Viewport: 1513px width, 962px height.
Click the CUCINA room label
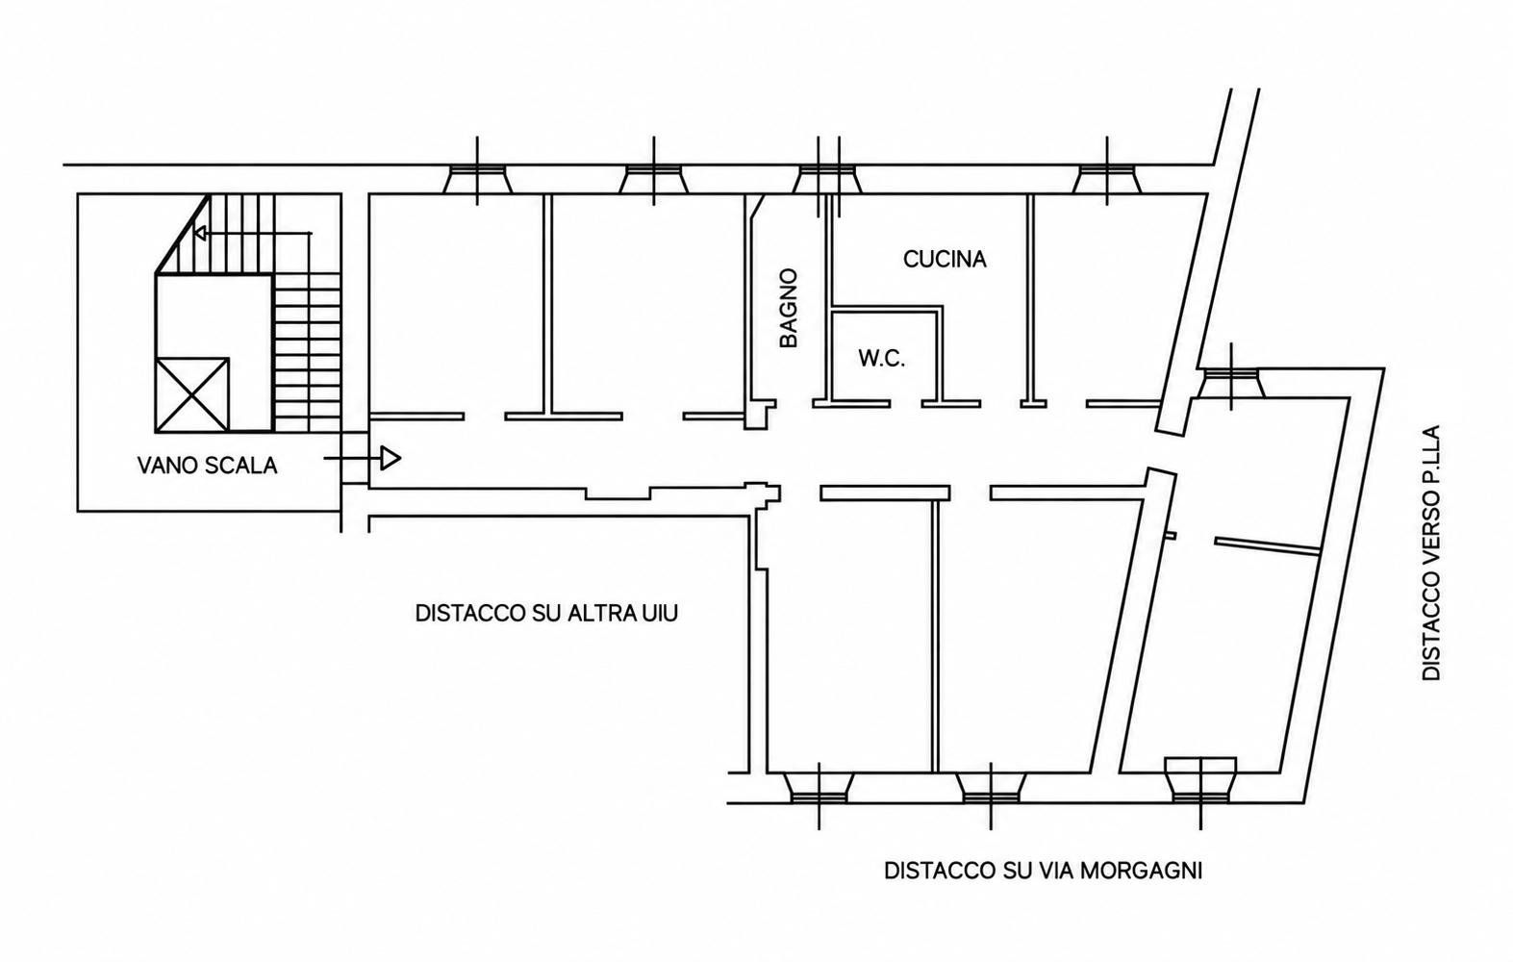(945, 260)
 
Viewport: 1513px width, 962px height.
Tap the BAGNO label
(789, 308)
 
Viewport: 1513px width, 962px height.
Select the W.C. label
(881, 358)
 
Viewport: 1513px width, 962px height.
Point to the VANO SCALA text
(208, 466)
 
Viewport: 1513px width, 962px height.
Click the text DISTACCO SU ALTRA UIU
(546, 614)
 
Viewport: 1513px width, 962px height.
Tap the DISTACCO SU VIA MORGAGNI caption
(1044, 870)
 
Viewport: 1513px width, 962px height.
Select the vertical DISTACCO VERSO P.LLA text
(1431, 552)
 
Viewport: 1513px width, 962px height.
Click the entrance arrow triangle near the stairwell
(391, 458)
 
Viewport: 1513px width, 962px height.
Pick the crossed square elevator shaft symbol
(191, 394)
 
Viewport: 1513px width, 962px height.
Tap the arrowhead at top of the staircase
(199, 233)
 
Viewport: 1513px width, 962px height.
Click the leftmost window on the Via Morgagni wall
(819, 789)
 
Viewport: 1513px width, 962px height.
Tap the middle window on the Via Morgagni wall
(991, 789)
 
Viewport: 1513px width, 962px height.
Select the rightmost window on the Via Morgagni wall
(1201, 781)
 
